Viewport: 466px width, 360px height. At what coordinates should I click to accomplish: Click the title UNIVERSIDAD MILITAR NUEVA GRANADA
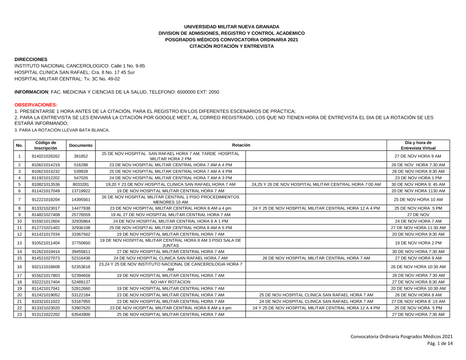(232, 27)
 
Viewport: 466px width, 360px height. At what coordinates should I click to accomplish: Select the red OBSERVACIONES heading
(36, 105)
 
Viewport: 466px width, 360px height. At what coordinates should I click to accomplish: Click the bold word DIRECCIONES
(31, 60)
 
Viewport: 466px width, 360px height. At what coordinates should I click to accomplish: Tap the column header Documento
(81, 145)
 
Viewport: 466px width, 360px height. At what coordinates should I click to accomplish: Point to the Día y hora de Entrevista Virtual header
(418, 145)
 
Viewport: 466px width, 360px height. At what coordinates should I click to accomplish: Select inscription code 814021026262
(46, 156)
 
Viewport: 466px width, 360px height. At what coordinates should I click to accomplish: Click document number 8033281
(81, 184)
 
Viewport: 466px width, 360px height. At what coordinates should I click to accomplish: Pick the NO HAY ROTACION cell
(171, 282)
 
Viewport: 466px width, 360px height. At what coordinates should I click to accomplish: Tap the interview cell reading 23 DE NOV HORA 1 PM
(418, 178)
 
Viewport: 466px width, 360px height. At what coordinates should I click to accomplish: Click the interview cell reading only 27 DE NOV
(418, 214)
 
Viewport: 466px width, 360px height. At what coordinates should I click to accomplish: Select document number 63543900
(81, 315)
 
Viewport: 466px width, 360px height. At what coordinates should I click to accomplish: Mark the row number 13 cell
(20, 243)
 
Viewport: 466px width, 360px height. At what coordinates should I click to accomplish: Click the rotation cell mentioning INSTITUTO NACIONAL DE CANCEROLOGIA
(171, 267)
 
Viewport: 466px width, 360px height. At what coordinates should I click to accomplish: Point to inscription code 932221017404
(46, 282)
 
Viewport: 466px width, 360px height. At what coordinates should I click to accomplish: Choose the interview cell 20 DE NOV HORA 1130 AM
(418, 191)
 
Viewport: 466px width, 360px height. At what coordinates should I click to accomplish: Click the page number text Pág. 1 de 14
(439, 344)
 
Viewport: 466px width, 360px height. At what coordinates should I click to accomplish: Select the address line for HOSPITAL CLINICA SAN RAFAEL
(75, 73)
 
